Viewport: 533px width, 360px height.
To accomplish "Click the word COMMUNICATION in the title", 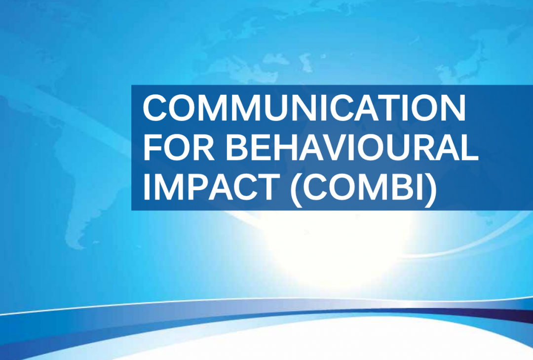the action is (304, 108).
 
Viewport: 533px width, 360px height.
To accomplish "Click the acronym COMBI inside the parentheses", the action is (364, 187).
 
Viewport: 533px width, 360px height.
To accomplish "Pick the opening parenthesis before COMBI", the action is (297, 189).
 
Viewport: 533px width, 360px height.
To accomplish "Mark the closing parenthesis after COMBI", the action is (431, 189).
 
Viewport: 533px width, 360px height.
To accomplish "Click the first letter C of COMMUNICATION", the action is (156, 108).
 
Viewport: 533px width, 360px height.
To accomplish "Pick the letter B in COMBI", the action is (403, 187).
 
